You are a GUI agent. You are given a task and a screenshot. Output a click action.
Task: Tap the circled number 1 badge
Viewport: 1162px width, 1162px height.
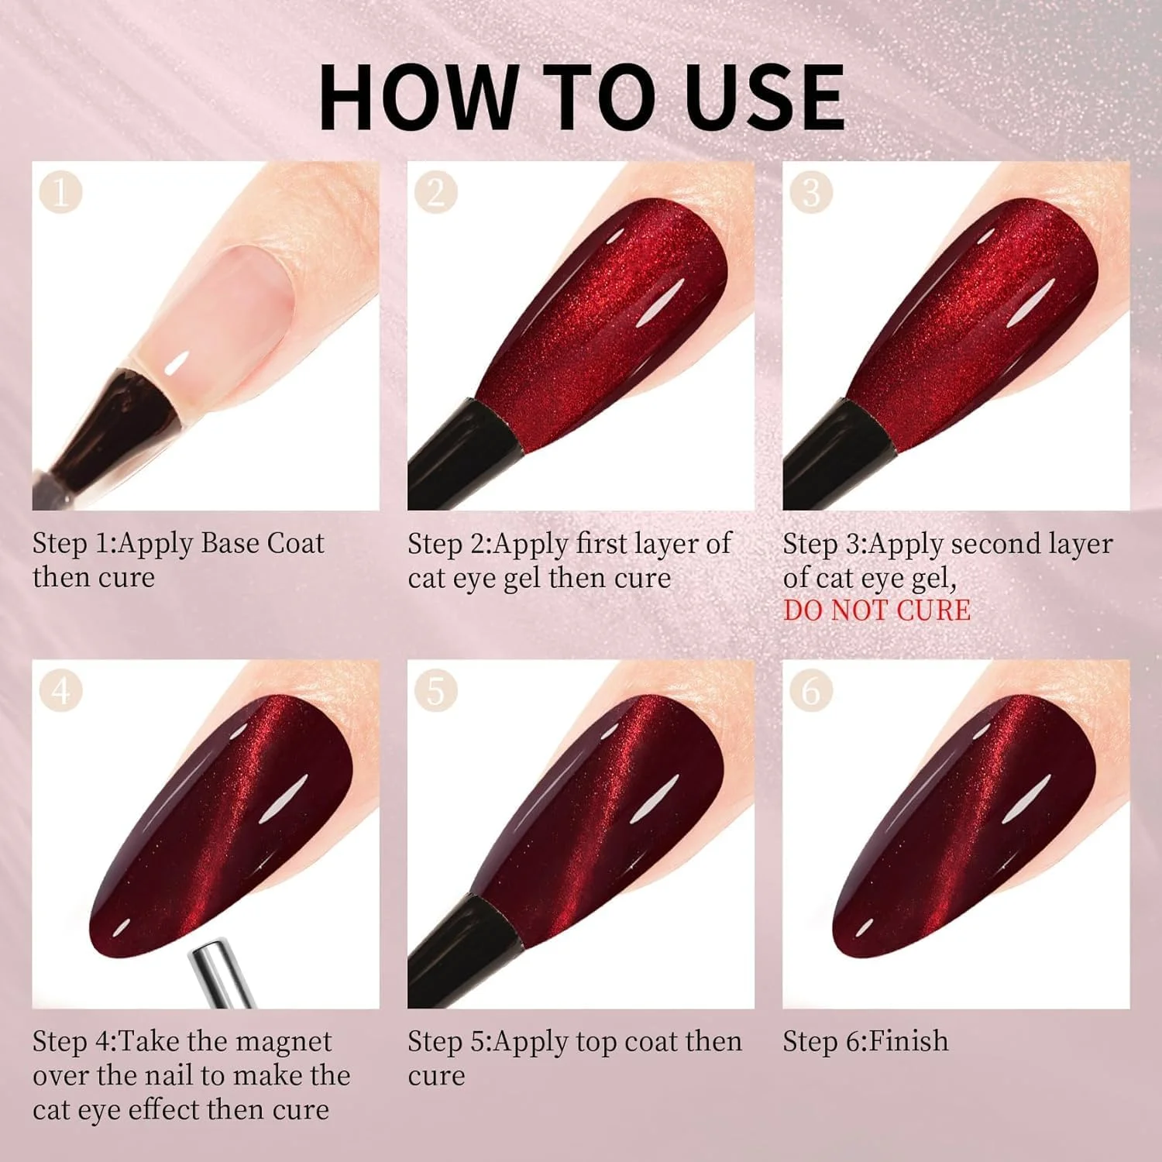60,193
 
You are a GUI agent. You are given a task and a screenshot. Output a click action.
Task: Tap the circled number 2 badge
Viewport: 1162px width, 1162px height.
435,193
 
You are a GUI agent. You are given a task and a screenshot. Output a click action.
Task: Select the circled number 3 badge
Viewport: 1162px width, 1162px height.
810,193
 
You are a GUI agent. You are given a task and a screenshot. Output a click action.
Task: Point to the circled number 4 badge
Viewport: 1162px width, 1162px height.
60,691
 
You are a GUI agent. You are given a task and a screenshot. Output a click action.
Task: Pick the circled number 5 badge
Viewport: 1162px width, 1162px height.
435,691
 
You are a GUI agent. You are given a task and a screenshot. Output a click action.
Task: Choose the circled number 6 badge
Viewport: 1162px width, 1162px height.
810,691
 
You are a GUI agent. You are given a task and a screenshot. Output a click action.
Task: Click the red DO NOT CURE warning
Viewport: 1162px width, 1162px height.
876,610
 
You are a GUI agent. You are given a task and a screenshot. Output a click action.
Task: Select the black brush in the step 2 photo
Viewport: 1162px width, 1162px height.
458,456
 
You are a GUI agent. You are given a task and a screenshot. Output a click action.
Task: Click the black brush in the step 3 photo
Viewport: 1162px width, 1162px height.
833,456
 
